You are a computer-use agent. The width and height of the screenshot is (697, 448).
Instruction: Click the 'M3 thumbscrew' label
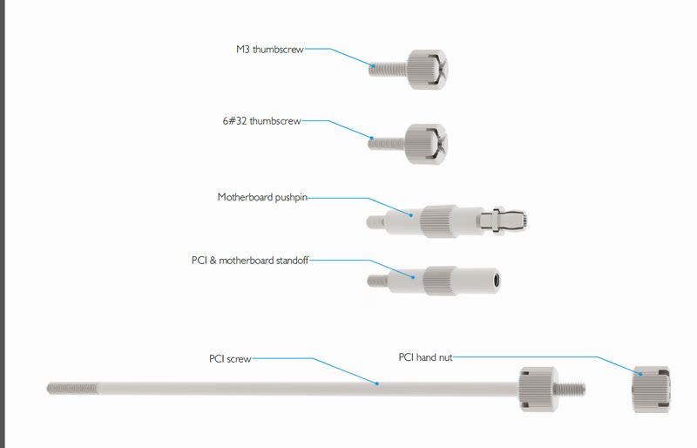(270, 50)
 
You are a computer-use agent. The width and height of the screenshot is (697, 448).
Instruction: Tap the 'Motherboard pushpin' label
(261, 198)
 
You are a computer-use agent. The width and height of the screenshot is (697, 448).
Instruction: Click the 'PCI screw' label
(230, 358)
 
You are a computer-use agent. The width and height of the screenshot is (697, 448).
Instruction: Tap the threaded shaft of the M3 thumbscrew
(383, 67)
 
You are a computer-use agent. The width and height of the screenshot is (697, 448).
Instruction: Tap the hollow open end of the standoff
(497, 281)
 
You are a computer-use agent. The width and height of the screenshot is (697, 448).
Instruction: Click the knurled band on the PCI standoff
(439, 281)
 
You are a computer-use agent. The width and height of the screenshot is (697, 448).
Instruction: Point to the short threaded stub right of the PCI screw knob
(569, 388)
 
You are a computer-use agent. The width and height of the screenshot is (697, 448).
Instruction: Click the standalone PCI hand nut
(649, 388)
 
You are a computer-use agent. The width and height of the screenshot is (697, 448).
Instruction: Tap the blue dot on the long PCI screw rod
(376, 383)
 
